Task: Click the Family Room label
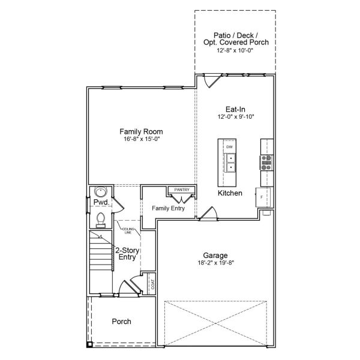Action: pyautogui.click(x=141, y=131)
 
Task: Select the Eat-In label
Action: pyautogui.click(x=235, y=109)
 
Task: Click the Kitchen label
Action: pyautogui.click(x=230, y=193)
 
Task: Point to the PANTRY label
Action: pyautogui.click(x=181, y=190)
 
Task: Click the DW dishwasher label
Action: pyautogui.click(x=229, y=147)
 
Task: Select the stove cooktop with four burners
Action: pyautogui.click(x=266, y=160)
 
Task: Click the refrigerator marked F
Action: pyautogui.click(x=263, y=196)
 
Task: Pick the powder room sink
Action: pyautogui.click(x=100, y=193)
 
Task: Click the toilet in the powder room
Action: pyautogui.click(x=100, y=220)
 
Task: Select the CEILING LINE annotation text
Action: pyautogui.click(x=127, y=231)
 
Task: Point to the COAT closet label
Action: pyautogui.click(x=152, y=283)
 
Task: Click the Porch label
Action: pyautogui.click(x=122, y=322)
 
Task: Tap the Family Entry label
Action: pyautogui.click(x=167, y=208)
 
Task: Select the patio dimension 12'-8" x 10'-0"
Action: pyautogui.click(x=235, y=50)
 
